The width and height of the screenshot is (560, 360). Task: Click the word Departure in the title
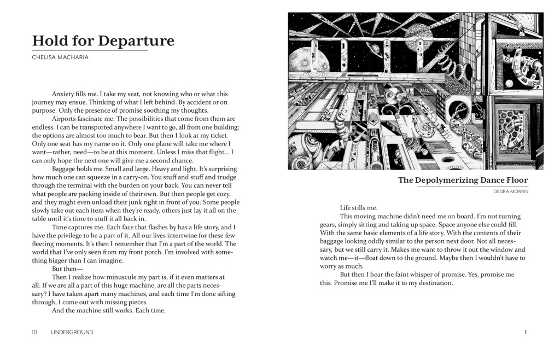[x=139, y=41]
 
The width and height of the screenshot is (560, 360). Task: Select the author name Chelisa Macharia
[x=60, y=57]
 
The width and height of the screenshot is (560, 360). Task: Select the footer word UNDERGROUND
[x=72, y=332]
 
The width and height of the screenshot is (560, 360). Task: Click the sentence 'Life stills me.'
[x=359, y=208]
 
